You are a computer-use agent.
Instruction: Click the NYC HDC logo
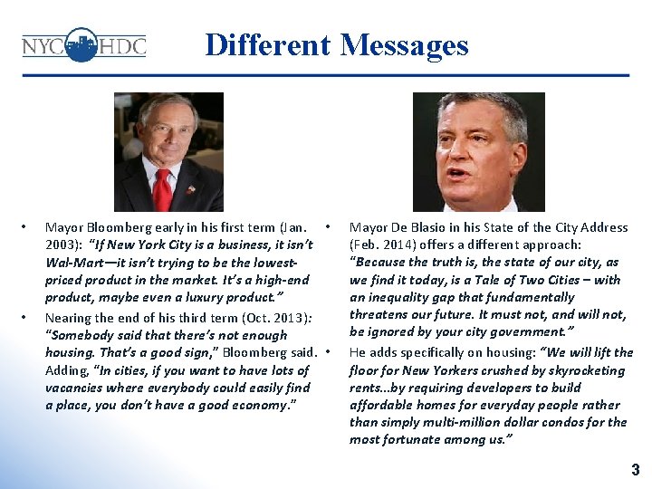click(x=83, y=44)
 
